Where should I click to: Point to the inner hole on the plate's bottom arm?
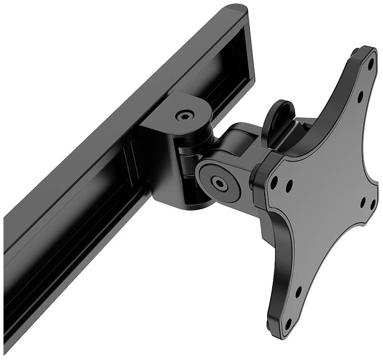[x=298, y=292]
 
